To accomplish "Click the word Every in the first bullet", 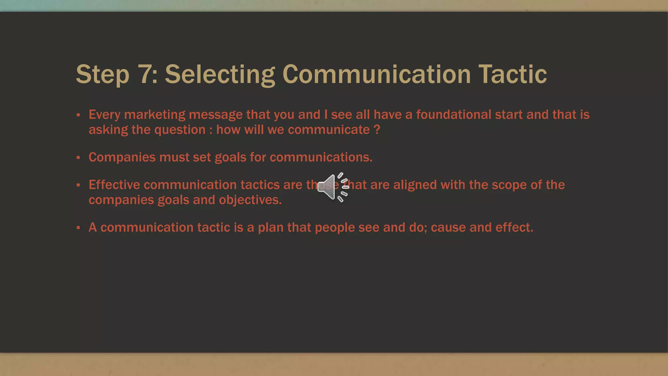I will click(x=104, y=115).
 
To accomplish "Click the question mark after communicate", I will click(x=377, y=130).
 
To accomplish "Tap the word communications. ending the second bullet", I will click(x=321, y=157).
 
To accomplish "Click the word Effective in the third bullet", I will click(x=114, y=185).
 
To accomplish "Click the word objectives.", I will click(x=250, y=200).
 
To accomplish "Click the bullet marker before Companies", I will click(x=78, y=158).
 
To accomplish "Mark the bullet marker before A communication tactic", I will click(x=78, y=228).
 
